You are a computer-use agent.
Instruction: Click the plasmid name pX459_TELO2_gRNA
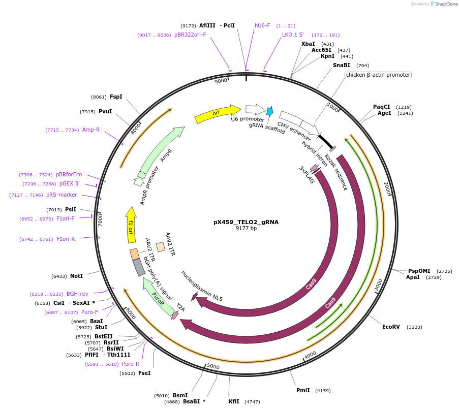[246, 222]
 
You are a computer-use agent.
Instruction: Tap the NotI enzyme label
[76, 276]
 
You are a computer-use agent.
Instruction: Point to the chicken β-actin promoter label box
[378, 75]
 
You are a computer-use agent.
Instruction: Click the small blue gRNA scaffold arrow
[270, 111]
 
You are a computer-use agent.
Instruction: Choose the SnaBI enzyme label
[341, 65]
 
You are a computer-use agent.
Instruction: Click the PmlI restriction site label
[303, 390]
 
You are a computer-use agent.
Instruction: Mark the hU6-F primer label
[262, 25]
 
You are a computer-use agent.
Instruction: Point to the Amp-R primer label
[91, 130]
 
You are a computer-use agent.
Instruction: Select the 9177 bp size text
[246, 229]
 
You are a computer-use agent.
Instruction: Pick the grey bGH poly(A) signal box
[139, 267]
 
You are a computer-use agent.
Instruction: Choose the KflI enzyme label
[234, 401]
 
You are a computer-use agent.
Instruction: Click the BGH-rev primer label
[77, 294]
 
